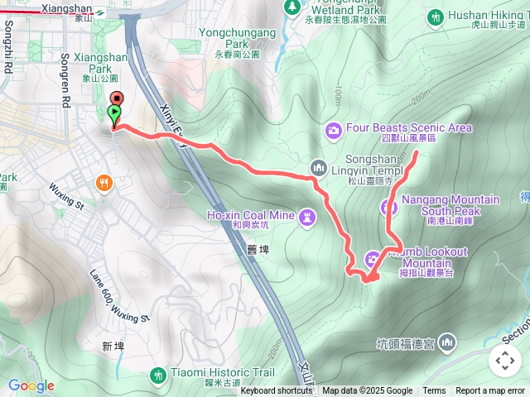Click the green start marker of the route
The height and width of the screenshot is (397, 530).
click(113, 113)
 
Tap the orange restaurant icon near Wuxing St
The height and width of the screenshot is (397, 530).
click(104, 183)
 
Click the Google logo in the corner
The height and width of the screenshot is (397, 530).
click(31, 385)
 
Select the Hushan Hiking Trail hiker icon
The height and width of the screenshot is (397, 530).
click(436, 16)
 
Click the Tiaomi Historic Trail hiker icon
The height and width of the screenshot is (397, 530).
click(158, 376)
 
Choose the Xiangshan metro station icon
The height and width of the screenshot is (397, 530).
click(99, 12)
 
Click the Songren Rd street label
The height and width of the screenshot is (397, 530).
click(64, 68)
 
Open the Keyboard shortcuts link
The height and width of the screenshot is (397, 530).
click(277, 391)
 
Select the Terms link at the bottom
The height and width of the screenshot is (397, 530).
click(434, 391)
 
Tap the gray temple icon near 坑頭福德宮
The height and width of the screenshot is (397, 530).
click(447, 342)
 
